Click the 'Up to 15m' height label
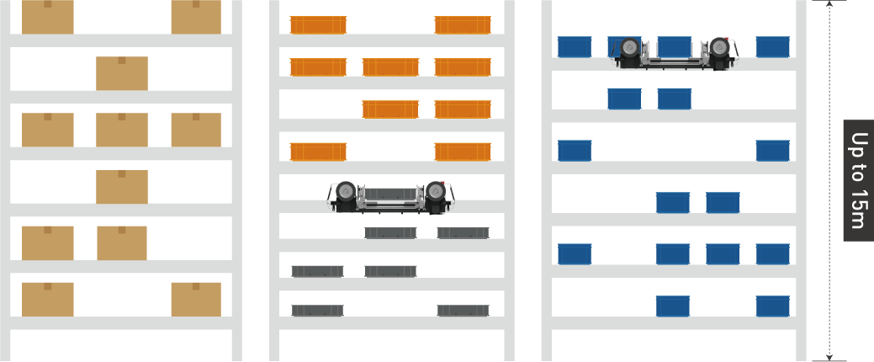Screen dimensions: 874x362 pyautogui.click(x=858, y=180)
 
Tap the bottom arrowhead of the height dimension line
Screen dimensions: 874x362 pyautogui.click(x=829, y=357)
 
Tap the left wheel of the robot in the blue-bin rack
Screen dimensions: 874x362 pyautogui.click(x=630, y=48)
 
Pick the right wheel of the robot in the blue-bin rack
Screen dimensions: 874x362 pyautogui.click(x=719, y=48)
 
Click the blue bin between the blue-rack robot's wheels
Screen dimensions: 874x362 pyautogui.click(x=675, y=47)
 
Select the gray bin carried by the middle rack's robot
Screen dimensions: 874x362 pyautogui.click(x=391, y=194)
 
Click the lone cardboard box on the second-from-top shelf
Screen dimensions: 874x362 pyautogui.click(x=122, y=73)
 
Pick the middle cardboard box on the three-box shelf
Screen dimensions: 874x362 pyautogui.click(x=122, y=130)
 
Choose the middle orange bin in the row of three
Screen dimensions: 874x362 pyautogui.click(x=391, y=67)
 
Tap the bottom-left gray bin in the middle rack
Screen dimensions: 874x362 pyautogui.click(x=318, y=311)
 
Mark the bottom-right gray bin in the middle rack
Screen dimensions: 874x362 pyautogui.click(x=463, y=311)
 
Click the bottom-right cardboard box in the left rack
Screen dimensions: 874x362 pyautogui.click(x=196, y=300)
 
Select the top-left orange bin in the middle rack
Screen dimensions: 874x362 pyautogui.click(x=318, y=25)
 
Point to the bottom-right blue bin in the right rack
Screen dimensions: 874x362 pyautogui.click(x=772, y=306)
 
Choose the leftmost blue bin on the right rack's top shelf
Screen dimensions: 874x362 pyautogui.click(x=575, y=47)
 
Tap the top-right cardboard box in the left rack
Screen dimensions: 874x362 pyautogui.click(x=196, y=17)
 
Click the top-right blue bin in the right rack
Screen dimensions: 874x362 pyautogui.click(x=772, y=47)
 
